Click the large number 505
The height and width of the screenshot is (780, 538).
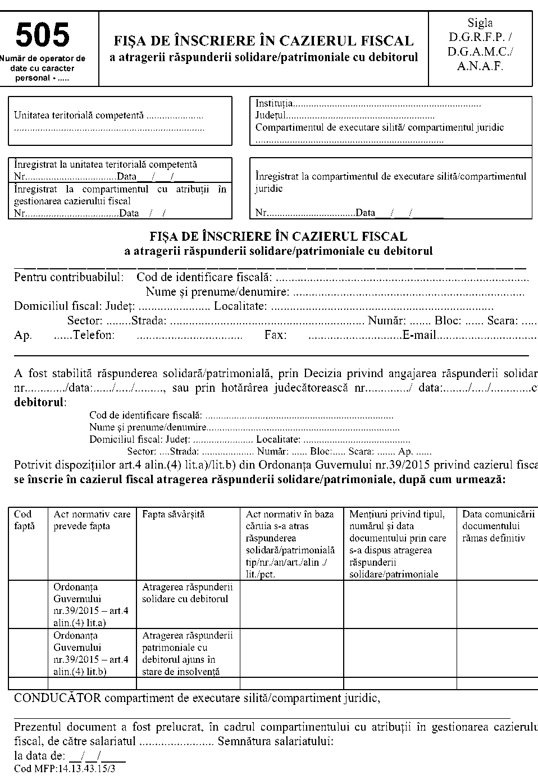(x=43, y=36)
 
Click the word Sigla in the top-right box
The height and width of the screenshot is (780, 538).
(x=480, y=23)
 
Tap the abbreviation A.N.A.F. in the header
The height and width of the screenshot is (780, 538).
(x=480, y=66)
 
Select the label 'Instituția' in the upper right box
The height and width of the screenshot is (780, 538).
(x=274, y=104)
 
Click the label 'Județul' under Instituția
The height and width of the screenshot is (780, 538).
(x=271, y=116)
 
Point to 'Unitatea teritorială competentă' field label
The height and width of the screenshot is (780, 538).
(x=79, y=116)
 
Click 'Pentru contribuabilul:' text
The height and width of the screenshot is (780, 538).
(x=69, y=277)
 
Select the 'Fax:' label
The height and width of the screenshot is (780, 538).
(x=276, y=336)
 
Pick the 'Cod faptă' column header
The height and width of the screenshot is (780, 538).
(x=24, y=520)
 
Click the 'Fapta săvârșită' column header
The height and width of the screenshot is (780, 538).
(x=174, y=514)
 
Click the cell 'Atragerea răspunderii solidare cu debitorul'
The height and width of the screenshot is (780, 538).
(x=187, y=593)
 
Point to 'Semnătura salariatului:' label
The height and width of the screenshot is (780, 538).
(x=275, y=741)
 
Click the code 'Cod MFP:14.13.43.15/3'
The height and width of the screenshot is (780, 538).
(x=65, y=769)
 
